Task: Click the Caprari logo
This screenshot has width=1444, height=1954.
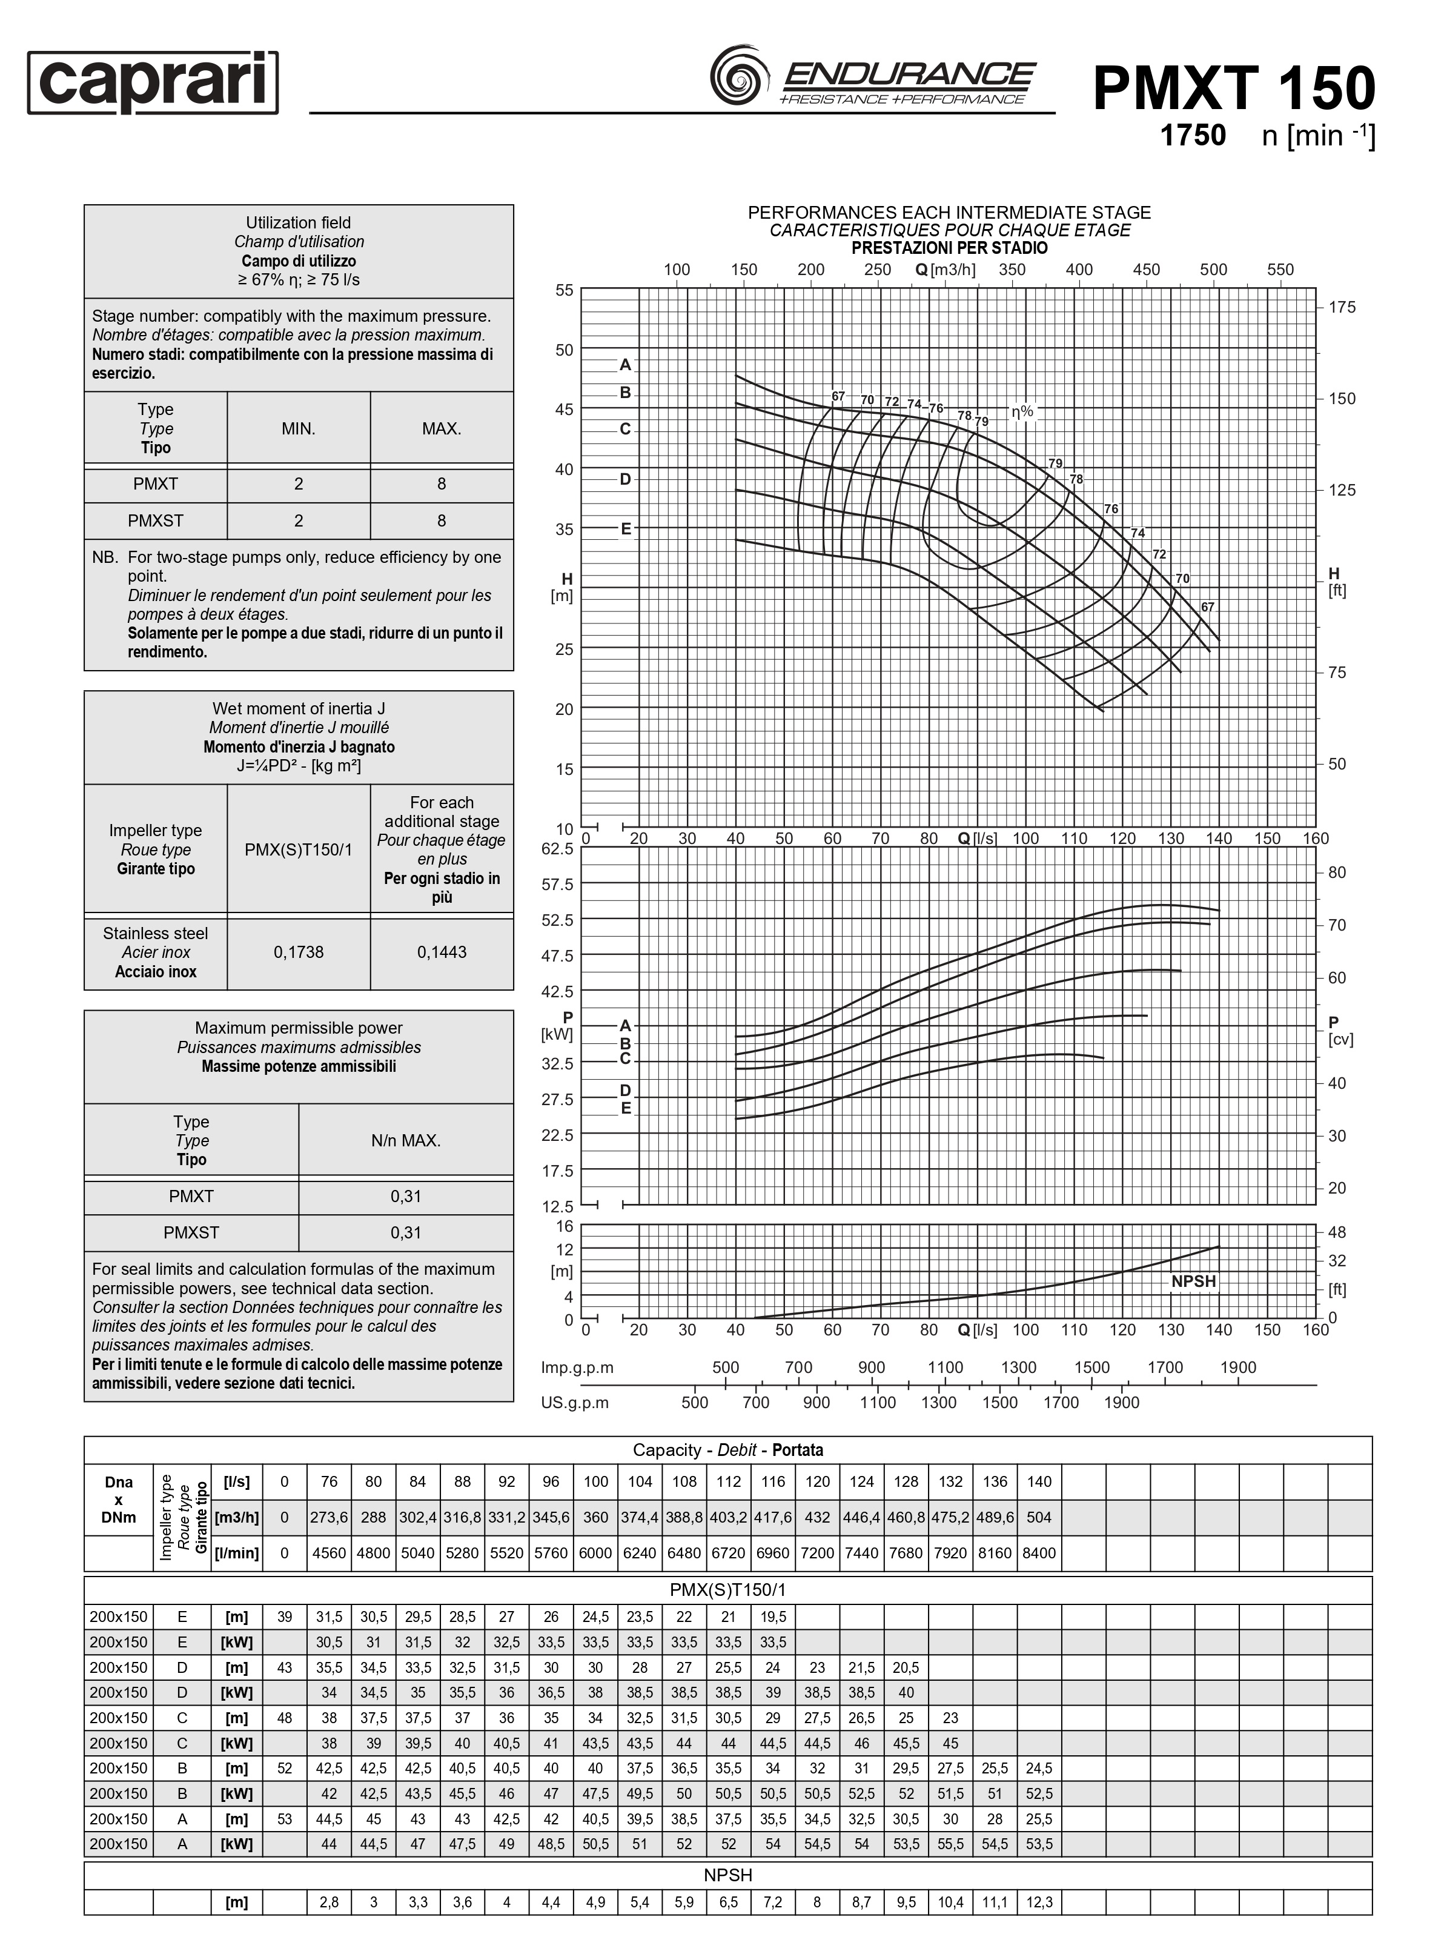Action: [x=153, y=83]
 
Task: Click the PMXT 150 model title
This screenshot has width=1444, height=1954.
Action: [x=1233, y=89]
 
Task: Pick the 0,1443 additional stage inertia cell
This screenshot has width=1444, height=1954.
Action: [x=442, y=952]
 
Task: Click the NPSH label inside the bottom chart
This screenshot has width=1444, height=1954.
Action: [x=1193, y=1281]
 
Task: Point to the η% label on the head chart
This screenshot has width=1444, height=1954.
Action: [x=1022, y=411]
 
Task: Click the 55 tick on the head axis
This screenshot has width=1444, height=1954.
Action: [x=565, y=290]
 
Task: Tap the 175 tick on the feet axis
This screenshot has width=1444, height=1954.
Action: [x=1342, y=307]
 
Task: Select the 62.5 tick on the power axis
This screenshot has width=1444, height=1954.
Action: [x=558, y=849]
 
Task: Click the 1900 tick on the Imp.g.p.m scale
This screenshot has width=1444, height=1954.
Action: [x=1237, y=1367]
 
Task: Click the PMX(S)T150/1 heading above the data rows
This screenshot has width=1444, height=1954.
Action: [x=727, y=1589]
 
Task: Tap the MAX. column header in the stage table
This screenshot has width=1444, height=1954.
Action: [x=442, y=428]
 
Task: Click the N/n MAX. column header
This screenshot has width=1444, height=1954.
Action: [x=406, y=1140]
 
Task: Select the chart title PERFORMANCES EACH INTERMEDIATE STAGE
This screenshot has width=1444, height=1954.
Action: [x=949, y=213]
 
